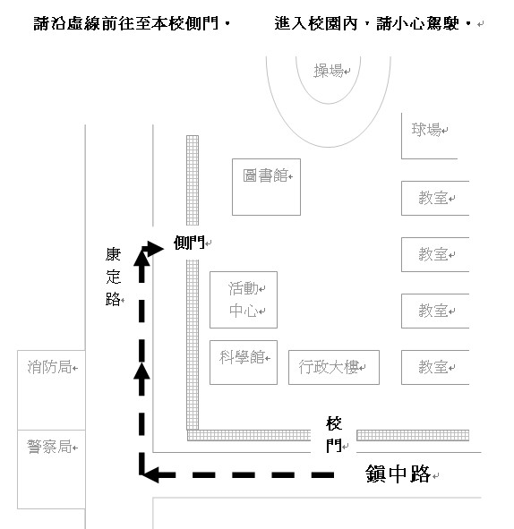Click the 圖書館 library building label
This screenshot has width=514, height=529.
(265, 175)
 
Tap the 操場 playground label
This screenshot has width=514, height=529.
(329, 71)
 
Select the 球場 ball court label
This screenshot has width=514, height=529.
(426, 130)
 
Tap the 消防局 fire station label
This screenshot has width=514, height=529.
(49, 367)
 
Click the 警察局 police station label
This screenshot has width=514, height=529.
(49, 447)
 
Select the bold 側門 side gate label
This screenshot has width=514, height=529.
(189, 243)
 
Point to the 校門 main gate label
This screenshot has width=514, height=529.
(334, 434)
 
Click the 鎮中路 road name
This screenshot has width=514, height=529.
(398, 474)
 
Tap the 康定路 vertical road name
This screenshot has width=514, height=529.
(113, 277)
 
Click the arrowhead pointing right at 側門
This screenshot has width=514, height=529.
(155, 249)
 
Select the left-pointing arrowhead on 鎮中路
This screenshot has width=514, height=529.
(150, 475)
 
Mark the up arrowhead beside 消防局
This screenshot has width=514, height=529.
(141, 371)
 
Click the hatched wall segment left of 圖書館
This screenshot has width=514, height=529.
(193, 180)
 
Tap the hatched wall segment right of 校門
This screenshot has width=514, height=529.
(413, 435)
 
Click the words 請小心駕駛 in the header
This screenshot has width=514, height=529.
(417, 23)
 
